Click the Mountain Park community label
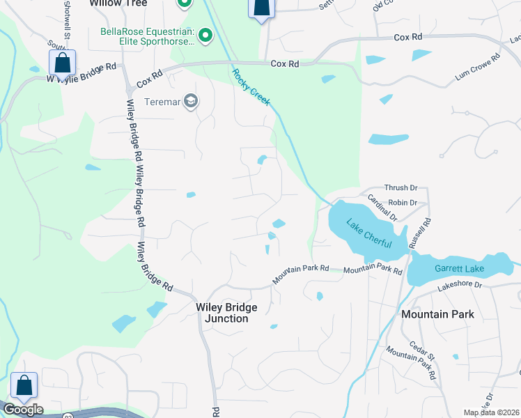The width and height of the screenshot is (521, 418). click(x=437, y=314)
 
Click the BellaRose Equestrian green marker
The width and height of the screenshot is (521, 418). click(x=205, y=35)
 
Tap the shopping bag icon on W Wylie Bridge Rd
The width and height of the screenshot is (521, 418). click(x=62, y=63)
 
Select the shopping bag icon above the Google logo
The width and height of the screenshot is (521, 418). click(x=24, y=385)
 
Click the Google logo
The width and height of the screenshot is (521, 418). click(x=23, y=410)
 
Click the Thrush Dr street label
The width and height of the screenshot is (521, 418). click(x=401, y=188)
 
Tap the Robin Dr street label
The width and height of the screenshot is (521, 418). click(x=403, y=203)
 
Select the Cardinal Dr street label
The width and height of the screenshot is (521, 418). click(x=384, y=208)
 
